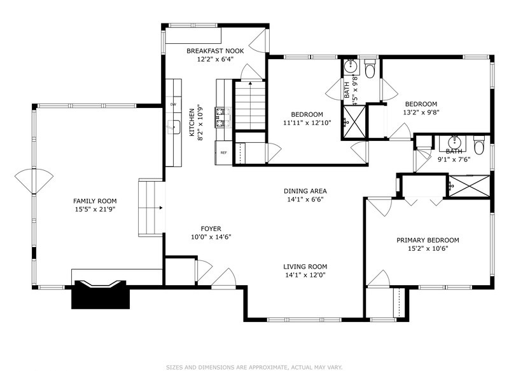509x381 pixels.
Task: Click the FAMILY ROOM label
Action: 95,201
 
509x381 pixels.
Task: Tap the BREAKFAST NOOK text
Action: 215,51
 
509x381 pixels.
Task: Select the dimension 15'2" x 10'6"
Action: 428,248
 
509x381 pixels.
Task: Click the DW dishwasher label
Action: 173,104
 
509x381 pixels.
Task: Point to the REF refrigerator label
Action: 224,152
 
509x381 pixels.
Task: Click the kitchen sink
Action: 174,126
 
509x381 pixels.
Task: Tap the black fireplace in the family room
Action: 101,295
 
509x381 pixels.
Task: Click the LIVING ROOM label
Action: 305,267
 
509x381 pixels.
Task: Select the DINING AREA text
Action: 305,191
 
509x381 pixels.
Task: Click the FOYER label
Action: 211,229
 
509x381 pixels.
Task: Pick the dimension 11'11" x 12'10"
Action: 307,123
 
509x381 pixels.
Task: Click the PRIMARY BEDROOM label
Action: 428,240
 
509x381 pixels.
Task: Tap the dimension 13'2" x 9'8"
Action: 421,112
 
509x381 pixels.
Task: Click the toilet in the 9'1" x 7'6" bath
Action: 479,145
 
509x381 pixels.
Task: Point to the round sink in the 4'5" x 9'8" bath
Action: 351,67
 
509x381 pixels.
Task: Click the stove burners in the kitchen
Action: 223,117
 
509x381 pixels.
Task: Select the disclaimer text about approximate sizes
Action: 254,368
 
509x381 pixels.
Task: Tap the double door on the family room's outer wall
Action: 34,182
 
